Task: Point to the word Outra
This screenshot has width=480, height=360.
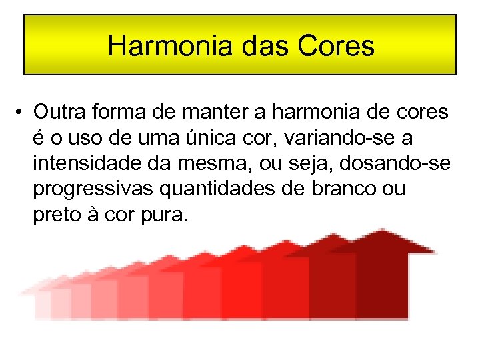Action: click(x=58, y=111)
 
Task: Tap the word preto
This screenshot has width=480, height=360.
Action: click(x=54, y=215)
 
